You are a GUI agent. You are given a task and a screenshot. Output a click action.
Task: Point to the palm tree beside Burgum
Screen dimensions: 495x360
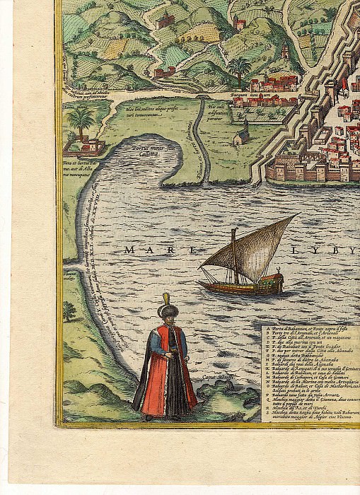pos(239,69)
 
